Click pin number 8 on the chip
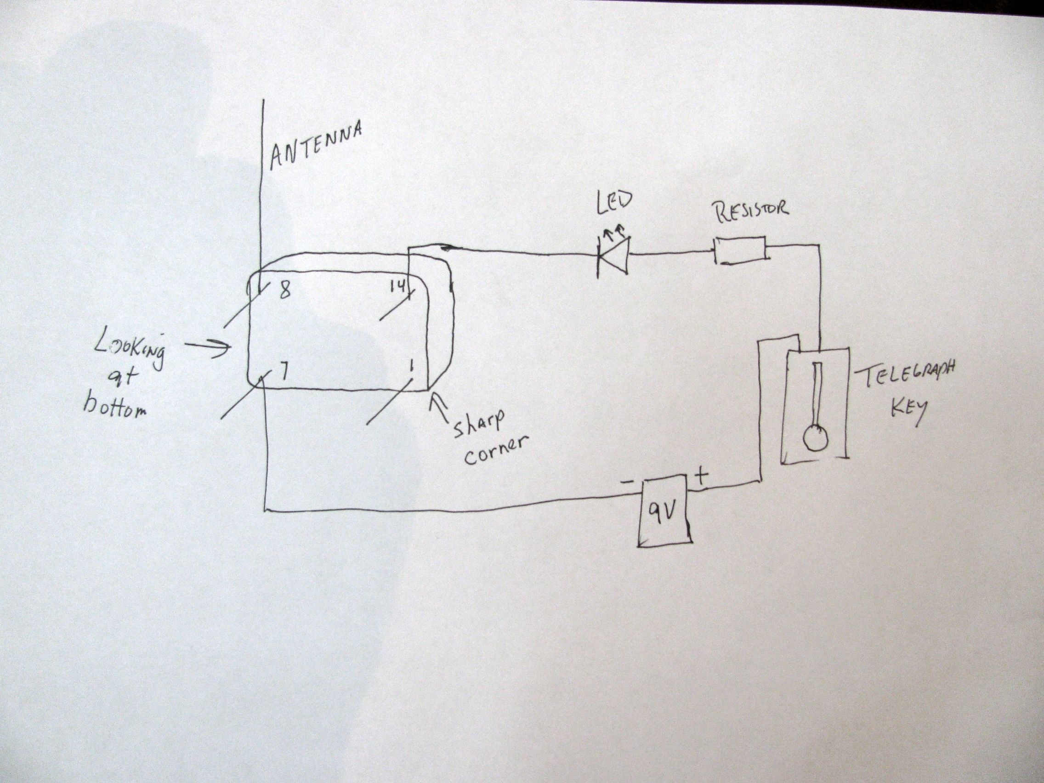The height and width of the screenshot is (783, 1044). pos(284,291)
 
